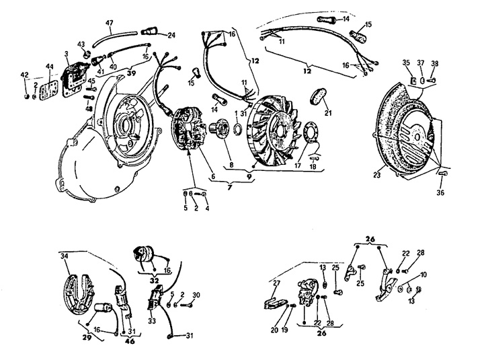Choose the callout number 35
tap(406, 63)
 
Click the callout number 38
tap(435, 63)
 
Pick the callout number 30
tap(196, 295)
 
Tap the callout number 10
tap(423, 276)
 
